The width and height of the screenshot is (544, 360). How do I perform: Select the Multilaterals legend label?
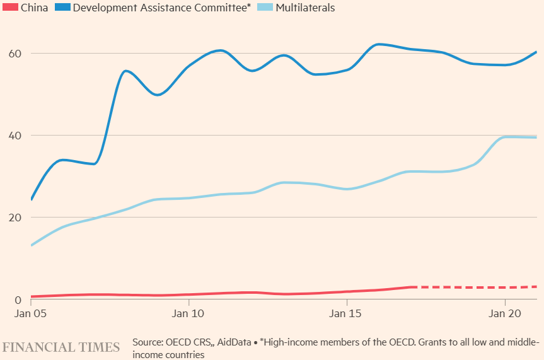tap(305, 8)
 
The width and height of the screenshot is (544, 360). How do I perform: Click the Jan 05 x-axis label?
tap(31, 313)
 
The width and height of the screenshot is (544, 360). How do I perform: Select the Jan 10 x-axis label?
tap(188, 313)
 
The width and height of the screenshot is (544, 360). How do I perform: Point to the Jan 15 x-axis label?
tap(346, 313)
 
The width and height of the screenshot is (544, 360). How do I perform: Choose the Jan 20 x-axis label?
tap(504, 313)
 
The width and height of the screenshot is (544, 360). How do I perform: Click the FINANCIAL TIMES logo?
tap(61, 347)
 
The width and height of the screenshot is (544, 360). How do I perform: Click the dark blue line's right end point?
tap(536, 52)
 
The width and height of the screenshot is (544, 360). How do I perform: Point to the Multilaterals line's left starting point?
tap(32, 245)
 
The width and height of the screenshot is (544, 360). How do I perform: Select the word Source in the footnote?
tap(148, 342)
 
